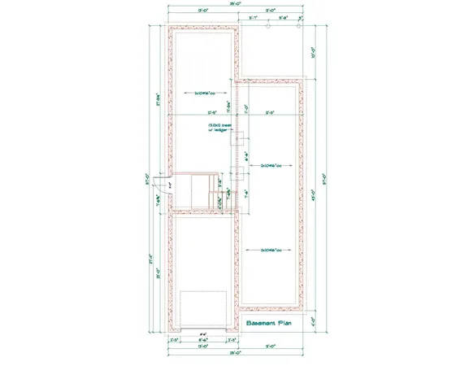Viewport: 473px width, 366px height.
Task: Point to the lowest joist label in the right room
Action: click(272, 250)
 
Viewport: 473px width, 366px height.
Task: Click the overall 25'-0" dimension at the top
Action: click(235, 5)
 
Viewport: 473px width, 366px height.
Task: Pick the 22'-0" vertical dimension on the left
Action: click(156, 272)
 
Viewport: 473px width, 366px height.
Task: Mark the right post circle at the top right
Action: click(302, 26)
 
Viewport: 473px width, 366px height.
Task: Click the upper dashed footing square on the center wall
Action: click(241, 139)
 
